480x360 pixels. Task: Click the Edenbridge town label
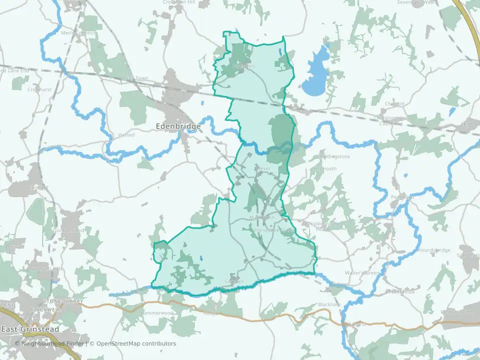[178, 126]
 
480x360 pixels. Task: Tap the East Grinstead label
[30, 329]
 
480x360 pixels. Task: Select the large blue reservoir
[315, 74]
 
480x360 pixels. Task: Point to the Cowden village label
[234, 281]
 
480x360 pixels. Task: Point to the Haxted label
[126, 135]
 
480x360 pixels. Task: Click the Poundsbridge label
[434, 250]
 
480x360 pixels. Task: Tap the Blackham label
[329, 304]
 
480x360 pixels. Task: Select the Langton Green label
[458, 312]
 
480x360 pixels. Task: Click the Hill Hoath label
[325, 169]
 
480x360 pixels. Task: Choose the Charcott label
[393, 104]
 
